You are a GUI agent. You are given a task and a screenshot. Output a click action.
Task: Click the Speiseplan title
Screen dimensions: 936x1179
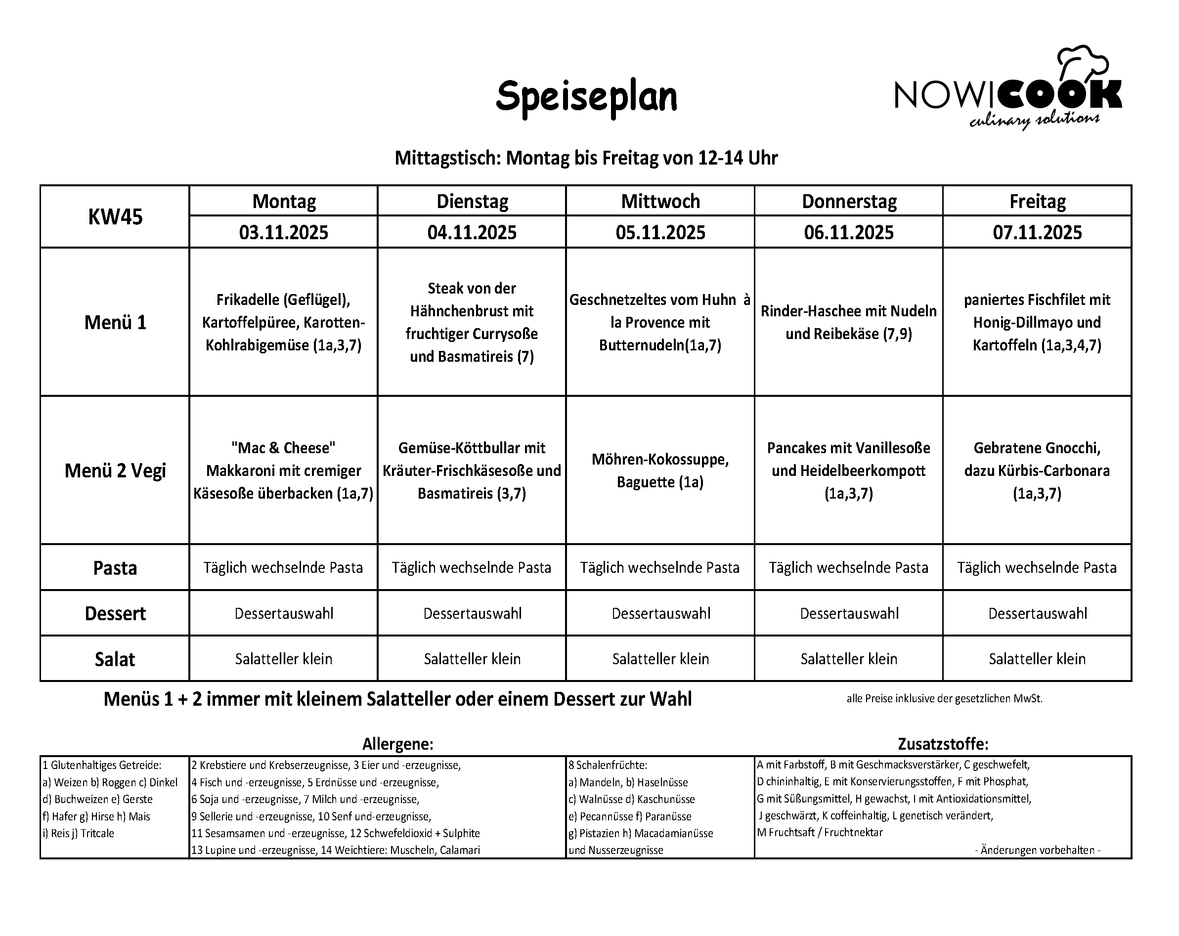586,97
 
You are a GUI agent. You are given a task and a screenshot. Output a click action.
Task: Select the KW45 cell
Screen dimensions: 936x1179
115,216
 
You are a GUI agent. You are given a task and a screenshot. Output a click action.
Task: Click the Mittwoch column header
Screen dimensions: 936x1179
660,201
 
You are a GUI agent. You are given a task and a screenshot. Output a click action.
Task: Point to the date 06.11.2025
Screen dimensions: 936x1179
848,232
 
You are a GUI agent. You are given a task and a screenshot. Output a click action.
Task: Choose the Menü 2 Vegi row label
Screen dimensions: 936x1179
115,470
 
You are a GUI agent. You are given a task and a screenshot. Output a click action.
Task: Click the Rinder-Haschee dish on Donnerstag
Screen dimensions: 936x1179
848,322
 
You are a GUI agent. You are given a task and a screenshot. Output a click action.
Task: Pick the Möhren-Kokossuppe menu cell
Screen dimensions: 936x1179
660,470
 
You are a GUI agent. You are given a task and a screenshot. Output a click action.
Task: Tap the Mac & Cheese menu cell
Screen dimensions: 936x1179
283,470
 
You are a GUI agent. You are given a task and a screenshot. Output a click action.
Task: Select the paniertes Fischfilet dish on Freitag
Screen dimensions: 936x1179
1037,322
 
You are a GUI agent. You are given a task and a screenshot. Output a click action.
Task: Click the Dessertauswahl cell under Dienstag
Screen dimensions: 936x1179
472,613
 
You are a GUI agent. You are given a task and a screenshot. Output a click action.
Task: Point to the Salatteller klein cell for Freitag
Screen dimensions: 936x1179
1037,659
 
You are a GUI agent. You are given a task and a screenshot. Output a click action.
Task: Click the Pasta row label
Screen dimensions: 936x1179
115,568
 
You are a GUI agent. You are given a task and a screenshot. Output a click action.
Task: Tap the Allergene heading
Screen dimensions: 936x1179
397,744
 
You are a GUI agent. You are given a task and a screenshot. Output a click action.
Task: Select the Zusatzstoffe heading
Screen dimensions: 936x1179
943,744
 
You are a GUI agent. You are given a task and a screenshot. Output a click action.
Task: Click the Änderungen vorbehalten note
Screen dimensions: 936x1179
1037,850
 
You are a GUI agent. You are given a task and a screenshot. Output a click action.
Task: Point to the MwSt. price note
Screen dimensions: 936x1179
944,699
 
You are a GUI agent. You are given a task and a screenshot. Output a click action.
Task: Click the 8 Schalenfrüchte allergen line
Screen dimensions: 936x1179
608,766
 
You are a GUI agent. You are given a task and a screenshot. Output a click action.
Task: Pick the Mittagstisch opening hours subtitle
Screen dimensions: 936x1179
586,158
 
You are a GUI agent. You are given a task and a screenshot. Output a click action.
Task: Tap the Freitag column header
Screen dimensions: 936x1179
1037,201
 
